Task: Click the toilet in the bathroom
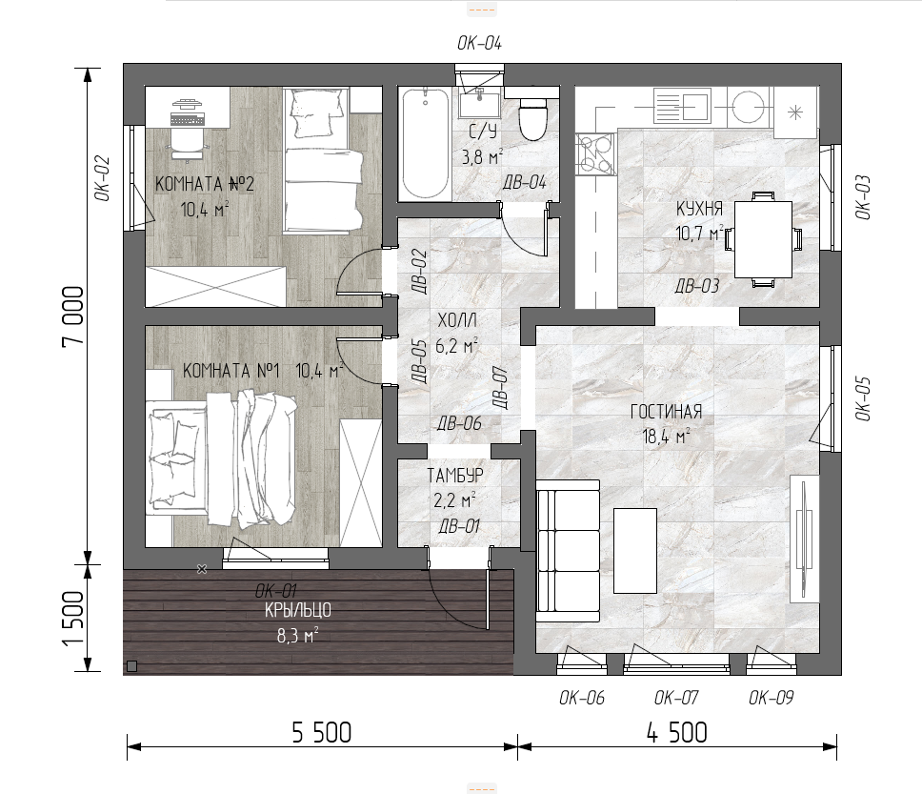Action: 533,118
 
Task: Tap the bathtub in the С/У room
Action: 425,143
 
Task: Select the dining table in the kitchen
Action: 763,239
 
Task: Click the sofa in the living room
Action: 568,551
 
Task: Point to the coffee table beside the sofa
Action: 635,551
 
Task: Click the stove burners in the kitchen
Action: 594,154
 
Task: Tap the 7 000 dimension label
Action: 73,316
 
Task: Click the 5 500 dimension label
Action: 322,733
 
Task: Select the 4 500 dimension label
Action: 677,733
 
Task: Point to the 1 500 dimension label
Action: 73,618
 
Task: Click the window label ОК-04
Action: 479,43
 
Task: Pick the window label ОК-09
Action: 771,698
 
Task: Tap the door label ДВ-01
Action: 459,526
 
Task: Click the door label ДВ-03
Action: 697,286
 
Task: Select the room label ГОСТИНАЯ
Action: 666,412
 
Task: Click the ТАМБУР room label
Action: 455,475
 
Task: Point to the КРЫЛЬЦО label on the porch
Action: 297,610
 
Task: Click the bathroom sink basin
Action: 479,104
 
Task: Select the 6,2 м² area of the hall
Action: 456,346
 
